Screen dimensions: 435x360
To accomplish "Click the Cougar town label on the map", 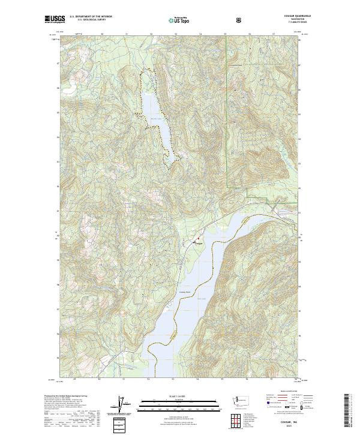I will pos(199,243).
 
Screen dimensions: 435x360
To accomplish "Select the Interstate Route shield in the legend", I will pos(264,410).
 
